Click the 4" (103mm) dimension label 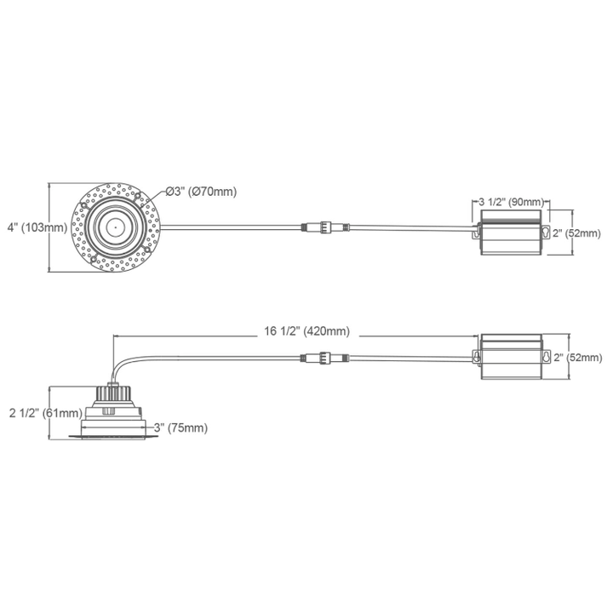click(x=36, y=227)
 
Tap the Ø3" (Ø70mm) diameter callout click(x=200, y=191)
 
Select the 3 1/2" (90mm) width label click(x=511, y=201)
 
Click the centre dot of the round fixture click(x=113, y=226)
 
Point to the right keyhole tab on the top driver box click(x=545, y=232)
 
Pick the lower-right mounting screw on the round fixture click(x=147, y=250)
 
